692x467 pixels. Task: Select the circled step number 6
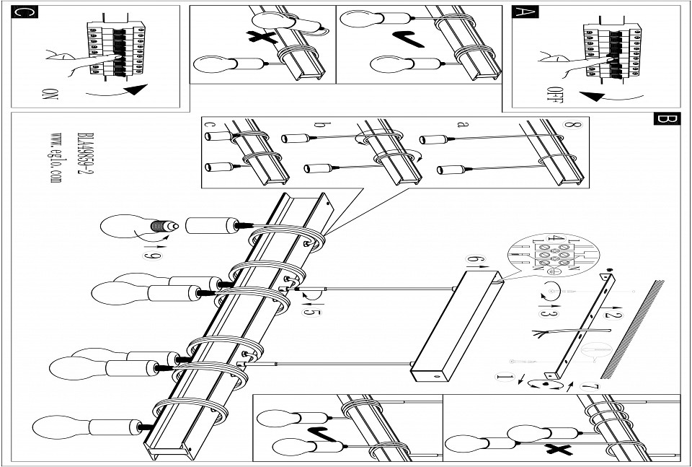coord(473,258)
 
